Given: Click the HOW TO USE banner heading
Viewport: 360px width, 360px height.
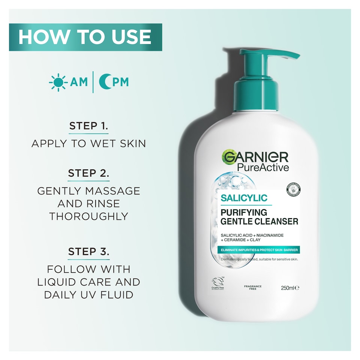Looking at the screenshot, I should pos(85,37).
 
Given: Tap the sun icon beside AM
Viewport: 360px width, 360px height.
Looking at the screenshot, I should pos(58,82).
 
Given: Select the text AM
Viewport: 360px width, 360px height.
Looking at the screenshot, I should pos(79,82).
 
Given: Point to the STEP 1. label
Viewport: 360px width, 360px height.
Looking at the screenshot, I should pos(88,126).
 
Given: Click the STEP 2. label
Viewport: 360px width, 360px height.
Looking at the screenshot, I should pos(88,174).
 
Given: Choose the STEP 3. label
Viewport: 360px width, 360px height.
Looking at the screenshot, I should pos(88,252).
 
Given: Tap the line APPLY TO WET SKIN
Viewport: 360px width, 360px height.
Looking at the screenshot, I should pos(88,144).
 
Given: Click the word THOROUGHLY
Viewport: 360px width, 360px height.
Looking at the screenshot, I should pos(88,216).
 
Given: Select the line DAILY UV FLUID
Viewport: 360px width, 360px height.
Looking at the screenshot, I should pos(88,295).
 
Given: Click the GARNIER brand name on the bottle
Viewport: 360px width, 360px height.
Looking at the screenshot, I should pos(255,157).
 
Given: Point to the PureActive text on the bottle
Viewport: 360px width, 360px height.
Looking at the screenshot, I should pos(263,167).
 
